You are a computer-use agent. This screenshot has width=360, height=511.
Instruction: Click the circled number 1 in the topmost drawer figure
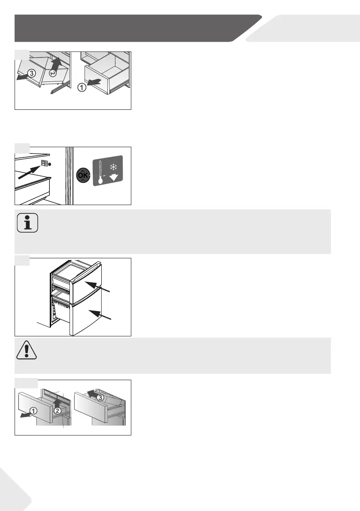[82, 88]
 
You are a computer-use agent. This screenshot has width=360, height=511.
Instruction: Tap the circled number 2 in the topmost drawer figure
[52, 73]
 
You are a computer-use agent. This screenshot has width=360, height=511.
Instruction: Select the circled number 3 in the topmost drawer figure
[32, 73]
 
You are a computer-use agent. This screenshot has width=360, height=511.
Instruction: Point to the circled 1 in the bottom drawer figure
[33, 411]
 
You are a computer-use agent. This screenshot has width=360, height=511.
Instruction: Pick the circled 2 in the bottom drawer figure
[57, 411]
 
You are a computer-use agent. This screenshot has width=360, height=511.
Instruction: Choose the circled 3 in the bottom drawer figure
[100, 398]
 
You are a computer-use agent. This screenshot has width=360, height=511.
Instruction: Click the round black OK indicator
[83, 175]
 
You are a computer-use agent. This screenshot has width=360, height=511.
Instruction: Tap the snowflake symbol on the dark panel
[113, 167]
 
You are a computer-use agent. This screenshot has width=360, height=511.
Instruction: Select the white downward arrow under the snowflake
[114, 177]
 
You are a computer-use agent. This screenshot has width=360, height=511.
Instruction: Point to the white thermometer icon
[100, 172]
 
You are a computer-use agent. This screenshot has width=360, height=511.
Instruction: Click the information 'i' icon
[27, 223]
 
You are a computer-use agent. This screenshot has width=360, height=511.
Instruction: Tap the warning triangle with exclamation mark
[27, 350]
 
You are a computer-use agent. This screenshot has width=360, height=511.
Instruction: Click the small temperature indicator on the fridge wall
[45, 163]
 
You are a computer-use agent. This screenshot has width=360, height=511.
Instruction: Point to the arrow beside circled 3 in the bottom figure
[93, 394]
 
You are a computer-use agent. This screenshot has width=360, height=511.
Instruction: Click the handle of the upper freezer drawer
[87, 271]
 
